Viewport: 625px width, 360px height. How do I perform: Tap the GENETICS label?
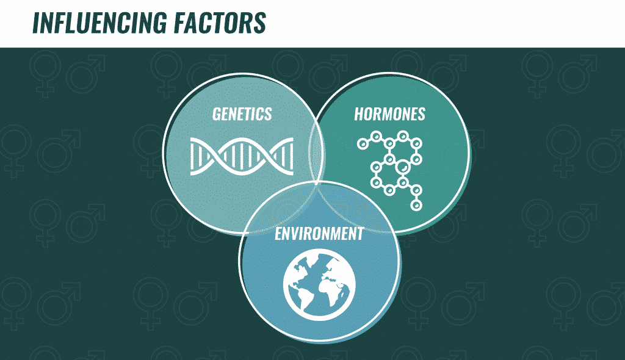pos(242,114)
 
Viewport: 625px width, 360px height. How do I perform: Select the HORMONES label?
pos(389,114)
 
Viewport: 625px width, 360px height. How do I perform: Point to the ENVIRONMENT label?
pos(319,234)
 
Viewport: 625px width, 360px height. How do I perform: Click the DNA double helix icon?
pos(242,156)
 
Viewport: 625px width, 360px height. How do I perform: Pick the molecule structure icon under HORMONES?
pos(390,170)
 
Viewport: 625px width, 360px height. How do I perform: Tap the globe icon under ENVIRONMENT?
pos(319,285)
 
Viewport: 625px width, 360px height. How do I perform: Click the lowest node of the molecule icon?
pos(416,205)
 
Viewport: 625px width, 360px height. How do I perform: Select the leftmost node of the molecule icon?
pos(363,143)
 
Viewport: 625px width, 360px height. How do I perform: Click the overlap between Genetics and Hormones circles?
pos(317,151)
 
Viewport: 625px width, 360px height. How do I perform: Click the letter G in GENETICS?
pos(217,114)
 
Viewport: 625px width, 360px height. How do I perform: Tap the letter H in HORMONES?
pos(359,114)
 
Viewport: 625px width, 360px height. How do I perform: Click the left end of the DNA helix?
pos(190,156)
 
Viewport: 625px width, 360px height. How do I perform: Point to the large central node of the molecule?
pos(403,166)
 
